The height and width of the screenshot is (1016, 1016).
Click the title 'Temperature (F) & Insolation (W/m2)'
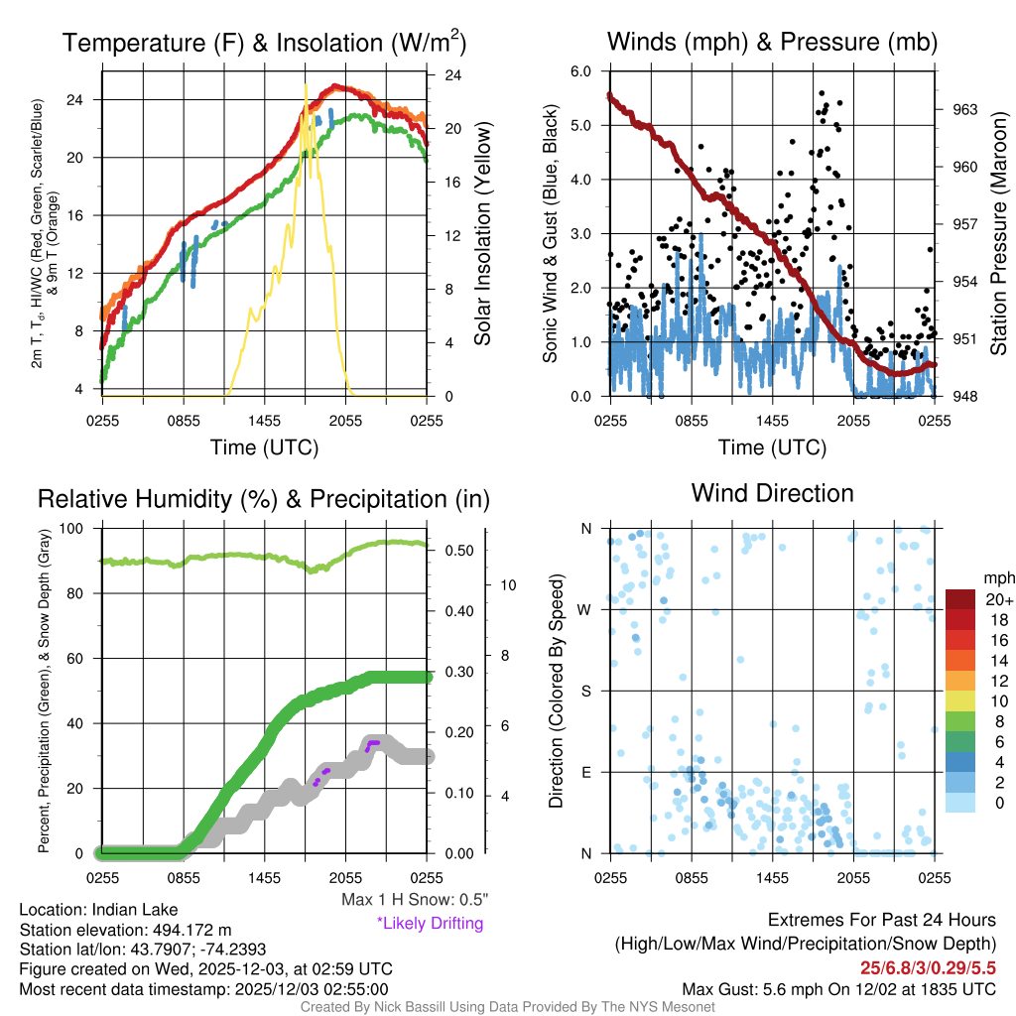click(264, 43)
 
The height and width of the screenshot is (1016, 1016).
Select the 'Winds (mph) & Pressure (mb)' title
click(772, 43)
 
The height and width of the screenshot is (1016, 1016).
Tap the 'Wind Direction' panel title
click(772, 493)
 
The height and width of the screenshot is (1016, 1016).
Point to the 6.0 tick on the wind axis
click(580, 71)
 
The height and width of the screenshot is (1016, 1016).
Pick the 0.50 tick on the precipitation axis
click(457, 551)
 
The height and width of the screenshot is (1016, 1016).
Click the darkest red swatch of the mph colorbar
click(961, 599)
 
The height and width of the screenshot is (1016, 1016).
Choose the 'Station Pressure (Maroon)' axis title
click(999, 233)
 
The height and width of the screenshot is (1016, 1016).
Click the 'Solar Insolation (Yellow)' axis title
click(483, 233)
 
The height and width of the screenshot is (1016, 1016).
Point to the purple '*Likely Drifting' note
click(430, 923)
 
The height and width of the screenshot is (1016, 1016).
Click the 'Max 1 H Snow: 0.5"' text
click(415, 900)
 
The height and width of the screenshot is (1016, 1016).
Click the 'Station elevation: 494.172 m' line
click(125, 930)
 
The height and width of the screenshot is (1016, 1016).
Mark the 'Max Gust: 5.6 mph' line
click(838, 988)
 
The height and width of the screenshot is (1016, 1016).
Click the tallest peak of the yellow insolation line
click(306, 87)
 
